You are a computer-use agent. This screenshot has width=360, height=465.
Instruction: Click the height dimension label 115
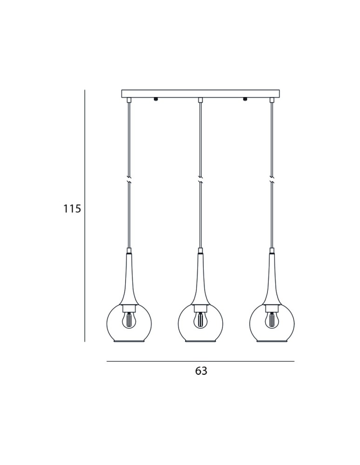[x=72, y=209]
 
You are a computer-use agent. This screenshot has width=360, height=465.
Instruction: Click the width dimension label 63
[x=201, y=371]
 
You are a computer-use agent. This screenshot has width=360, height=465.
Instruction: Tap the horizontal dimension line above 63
[x=200, y=361]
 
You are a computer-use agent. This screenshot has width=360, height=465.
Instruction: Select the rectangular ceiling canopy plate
[x=200, y=93]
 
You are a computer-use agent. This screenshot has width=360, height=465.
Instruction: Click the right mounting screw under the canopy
[x=245, y=99]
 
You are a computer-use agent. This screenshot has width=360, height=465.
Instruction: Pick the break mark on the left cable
[x=129, y=179]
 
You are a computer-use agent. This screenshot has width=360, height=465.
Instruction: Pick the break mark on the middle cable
[x=200, y=179]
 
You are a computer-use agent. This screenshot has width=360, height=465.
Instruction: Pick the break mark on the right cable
[x=272, y=179]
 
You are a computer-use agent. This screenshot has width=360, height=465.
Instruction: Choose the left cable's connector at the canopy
[x=129, y=100]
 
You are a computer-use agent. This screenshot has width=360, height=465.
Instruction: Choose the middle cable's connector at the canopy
[x=200, y=100]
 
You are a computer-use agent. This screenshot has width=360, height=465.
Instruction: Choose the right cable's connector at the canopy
[x=272, y=100]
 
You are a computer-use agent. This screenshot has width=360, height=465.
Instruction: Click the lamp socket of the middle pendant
[x=200, y=307]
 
